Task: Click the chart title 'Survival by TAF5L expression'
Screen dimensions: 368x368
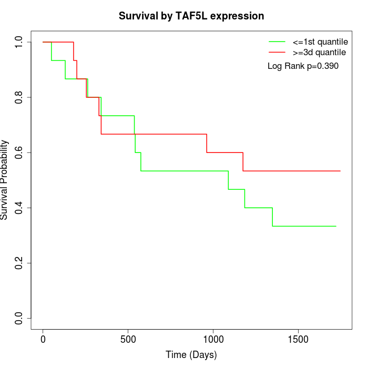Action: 191,16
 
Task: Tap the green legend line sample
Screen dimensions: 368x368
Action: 277,42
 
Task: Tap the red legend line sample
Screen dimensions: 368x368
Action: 277,52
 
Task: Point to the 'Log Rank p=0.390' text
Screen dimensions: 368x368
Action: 303,66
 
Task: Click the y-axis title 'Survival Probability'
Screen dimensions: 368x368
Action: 5,180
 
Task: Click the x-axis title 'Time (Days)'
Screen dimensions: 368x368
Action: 191,355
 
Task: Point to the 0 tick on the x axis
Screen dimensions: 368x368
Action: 43,340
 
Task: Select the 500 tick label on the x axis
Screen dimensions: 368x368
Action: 128,340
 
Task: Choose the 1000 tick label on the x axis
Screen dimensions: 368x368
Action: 213,340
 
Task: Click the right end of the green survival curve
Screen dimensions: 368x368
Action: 336,226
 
